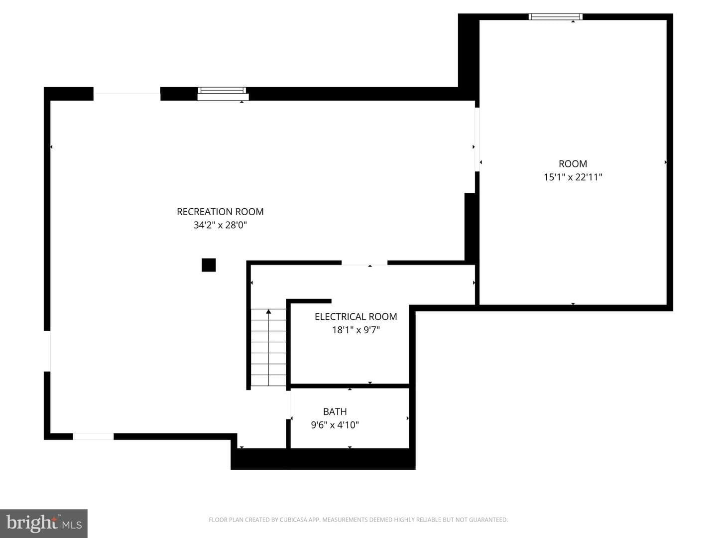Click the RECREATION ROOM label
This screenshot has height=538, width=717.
coord(220,212)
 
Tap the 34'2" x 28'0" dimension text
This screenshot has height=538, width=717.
coord(220,225)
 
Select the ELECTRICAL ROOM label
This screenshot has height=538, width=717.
coord(356,316)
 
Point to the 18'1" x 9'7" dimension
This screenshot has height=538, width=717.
coord(356,330)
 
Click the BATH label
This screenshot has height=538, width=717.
coord(335,411)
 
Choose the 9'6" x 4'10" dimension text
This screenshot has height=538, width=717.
coord(335,425)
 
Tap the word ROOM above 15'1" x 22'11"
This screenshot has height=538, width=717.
coord(573,164)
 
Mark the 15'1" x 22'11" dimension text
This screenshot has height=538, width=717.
coord(573,177)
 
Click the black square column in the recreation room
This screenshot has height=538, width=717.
coord(209,265)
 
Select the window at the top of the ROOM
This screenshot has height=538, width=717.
coord(556,16)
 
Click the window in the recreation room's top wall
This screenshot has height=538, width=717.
coord(223,94)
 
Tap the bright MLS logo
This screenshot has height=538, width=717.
coord(44,523)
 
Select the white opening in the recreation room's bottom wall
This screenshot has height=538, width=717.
coord(93,436)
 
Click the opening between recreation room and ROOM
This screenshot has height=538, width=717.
coord(477,139)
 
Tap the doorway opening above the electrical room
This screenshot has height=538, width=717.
coord(364,263)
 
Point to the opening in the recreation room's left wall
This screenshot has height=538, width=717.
coord(47,351)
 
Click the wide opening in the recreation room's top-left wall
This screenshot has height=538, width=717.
coord(127,94)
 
